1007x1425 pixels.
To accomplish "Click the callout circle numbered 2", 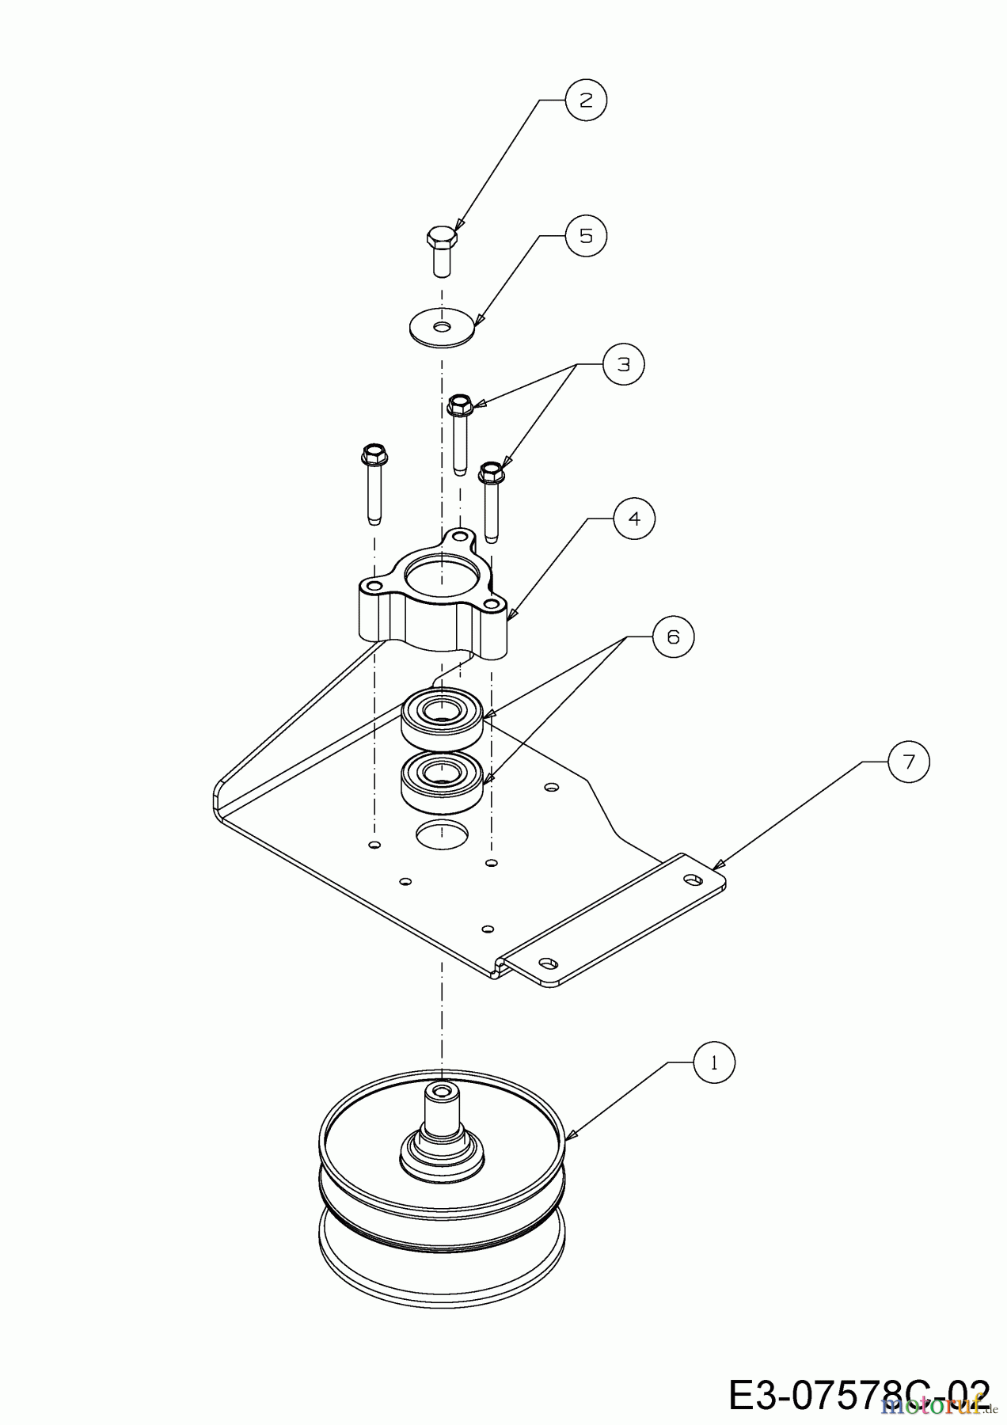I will (x=586, y=100).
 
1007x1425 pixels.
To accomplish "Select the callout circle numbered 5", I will (x=586, y=236).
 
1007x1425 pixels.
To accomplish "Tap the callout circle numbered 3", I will (x=624, y=364).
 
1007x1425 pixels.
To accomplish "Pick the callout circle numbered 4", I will (x=634, y=519).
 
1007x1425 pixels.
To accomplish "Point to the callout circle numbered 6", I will (x=673, y=636).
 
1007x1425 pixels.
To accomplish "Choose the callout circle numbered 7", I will (x=908, y=762).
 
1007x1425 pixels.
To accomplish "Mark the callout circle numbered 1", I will (x=714, y=1063).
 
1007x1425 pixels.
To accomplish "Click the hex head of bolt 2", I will (x=442, y=236).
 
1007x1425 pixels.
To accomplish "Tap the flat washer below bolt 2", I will (x=442, y=325).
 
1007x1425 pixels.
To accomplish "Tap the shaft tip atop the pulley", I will (x=440, y=1093).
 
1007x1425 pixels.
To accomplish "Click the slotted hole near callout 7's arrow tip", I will (x=693, y=880).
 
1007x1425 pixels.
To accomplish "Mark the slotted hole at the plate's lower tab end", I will (x=546, y=963).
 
